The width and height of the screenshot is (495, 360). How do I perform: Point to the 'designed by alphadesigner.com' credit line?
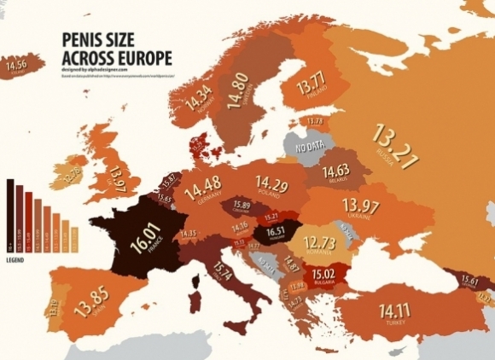95,69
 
